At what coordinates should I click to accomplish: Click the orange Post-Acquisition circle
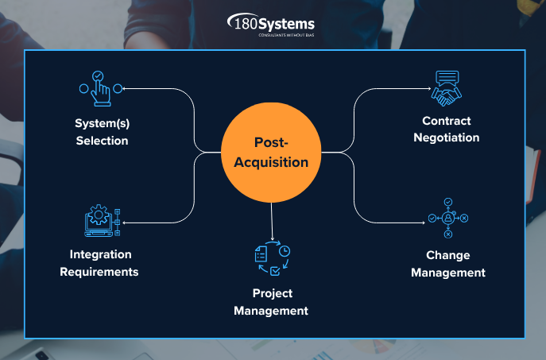point(271,152)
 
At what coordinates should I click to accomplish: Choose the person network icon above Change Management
point(447,218)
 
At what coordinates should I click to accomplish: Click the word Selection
point(102,141)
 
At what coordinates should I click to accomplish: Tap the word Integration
point(100,254)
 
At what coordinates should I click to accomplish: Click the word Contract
point(447,121)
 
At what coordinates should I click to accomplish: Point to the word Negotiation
point(446,137)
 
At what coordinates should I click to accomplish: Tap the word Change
point(447,255)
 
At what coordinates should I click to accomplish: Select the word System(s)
point(102,124)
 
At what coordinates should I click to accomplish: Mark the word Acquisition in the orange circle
point(271,161)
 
